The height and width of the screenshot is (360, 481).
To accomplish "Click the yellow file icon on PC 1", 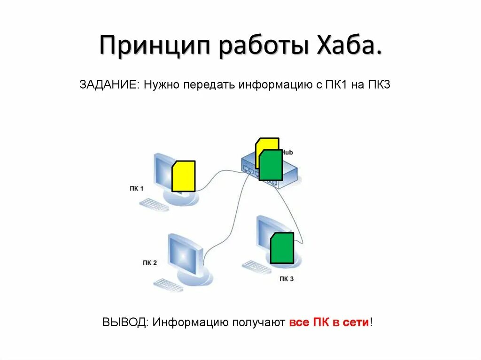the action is click(x=184, y=176).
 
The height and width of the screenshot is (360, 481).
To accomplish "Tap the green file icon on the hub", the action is click(x=271, y=165).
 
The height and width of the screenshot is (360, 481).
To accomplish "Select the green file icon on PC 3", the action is click(x=282, y=248).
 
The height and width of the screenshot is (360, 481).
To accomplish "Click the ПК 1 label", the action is click(x=136, y=189).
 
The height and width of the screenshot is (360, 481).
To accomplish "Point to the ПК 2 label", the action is click(x=149, y=263).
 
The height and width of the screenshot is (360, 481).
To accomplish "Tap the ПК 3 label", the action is click(x=286, y=279).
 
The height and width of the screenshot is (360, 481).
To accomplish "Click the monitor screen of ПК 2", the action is click(x=185, y=253).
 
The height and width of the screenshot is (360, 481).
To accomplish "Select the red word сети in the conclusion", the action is click(x=358, y=322).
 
